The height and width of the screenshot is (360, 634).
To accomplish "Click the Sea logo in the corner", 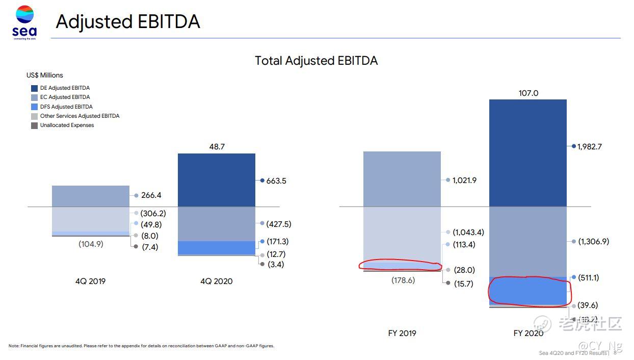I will [24, 21].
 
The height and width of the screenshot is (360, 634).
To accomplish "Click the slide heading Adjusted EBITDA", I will [127, 21].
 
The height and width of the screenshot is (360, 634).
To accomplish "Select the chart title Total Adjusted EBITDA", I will [316, 61].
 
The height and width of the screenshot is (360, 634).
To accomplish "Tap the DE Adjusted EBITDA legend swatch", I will [35, 88].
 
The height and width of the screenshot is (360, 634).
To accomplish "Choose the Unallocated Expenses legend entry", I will [67, 125].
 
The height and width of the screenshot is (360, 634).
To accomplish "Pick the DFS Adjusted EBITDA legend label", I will [66, 107].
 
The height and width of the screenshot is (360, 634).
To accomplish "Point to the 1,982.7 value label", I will [590, 146].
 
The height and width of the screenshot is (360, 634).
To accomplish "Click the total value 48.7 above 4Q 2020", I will [217, 146].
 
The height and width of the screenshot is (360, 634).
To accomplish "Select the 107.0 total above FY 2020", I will [528, 93].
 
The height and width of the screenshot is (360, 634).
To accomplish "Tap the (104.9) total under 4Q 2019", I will [91, 244].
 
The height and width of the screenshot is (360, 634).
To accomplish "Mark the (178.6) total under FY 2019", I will [403, 280].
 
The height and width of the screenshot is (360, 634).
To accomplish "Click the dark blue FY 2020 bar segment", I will [527, 153].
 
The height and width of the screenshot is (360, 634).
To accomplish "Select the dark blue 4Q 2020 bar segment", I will [217, 180].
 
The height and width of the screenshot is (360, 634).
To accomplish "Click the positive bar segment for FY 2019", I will [402, 179].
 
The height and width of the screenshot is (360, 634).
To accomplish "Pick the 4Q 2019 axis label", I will [91, 281].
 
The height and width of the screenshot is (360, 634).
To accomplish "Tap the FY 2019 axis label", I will [402, 333].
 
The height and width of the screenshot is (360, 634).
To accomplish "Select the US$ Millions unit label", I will [45, 75].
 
